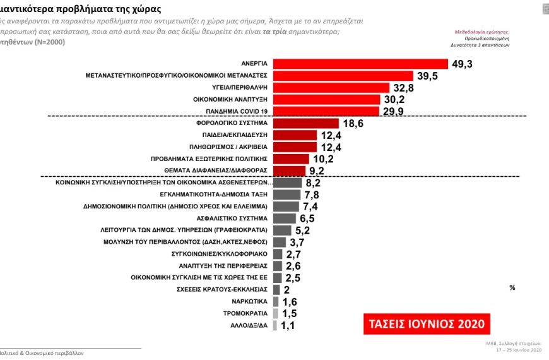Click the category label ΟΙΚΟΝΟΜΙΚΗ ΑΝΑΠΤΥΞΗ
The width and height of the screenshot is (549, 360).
click(x=230, y=100)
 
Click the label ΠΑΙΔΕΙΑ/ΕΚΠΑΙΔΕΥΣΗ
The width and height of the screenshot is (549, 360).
click(x=233, y=135)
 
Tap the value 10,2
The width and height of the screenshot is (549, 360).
click(x=323, y=159)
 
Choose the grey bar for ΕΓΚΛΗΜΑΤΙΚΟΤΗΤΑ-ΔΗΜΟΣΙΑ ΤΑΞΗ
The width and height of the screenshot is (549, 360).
click(x=287, y=195)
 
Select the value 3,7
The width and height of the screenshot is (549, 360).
click(x=297, y=243)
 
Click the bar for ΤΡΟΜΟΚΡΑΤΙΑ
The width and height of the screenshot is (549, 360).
click(x=276, y=313)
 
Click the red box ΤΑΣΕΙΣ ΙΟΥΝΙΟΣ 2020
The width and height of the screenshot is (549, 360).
click(x=427, y=323)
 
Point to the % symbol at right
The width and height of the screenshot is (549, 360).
click(x=512, y=287)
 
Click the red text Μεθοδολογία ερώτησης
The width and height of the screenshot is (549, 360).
click(x=482, y=31)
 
